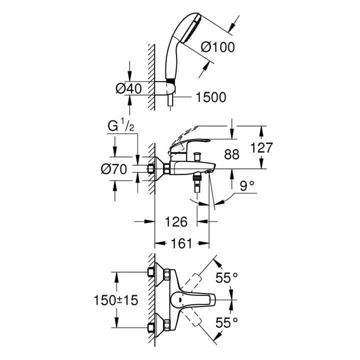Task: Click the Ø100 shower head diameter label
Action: point(217,47)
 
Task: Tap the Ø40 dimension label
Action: point(128,88)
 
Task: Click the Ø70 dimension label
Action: point(114,169)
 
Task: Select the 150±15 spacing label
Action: point(116,300)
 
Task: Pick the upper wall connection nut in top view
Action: point(151,272)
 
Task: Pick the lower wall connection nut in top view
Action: point(151,327)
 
